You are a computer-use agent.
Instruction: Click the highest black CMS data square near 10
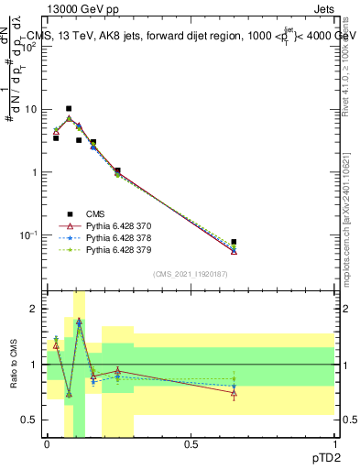[x=69, y=108]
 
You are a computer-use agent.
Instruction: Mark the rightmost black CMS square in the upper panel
[x=234, y=242]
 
